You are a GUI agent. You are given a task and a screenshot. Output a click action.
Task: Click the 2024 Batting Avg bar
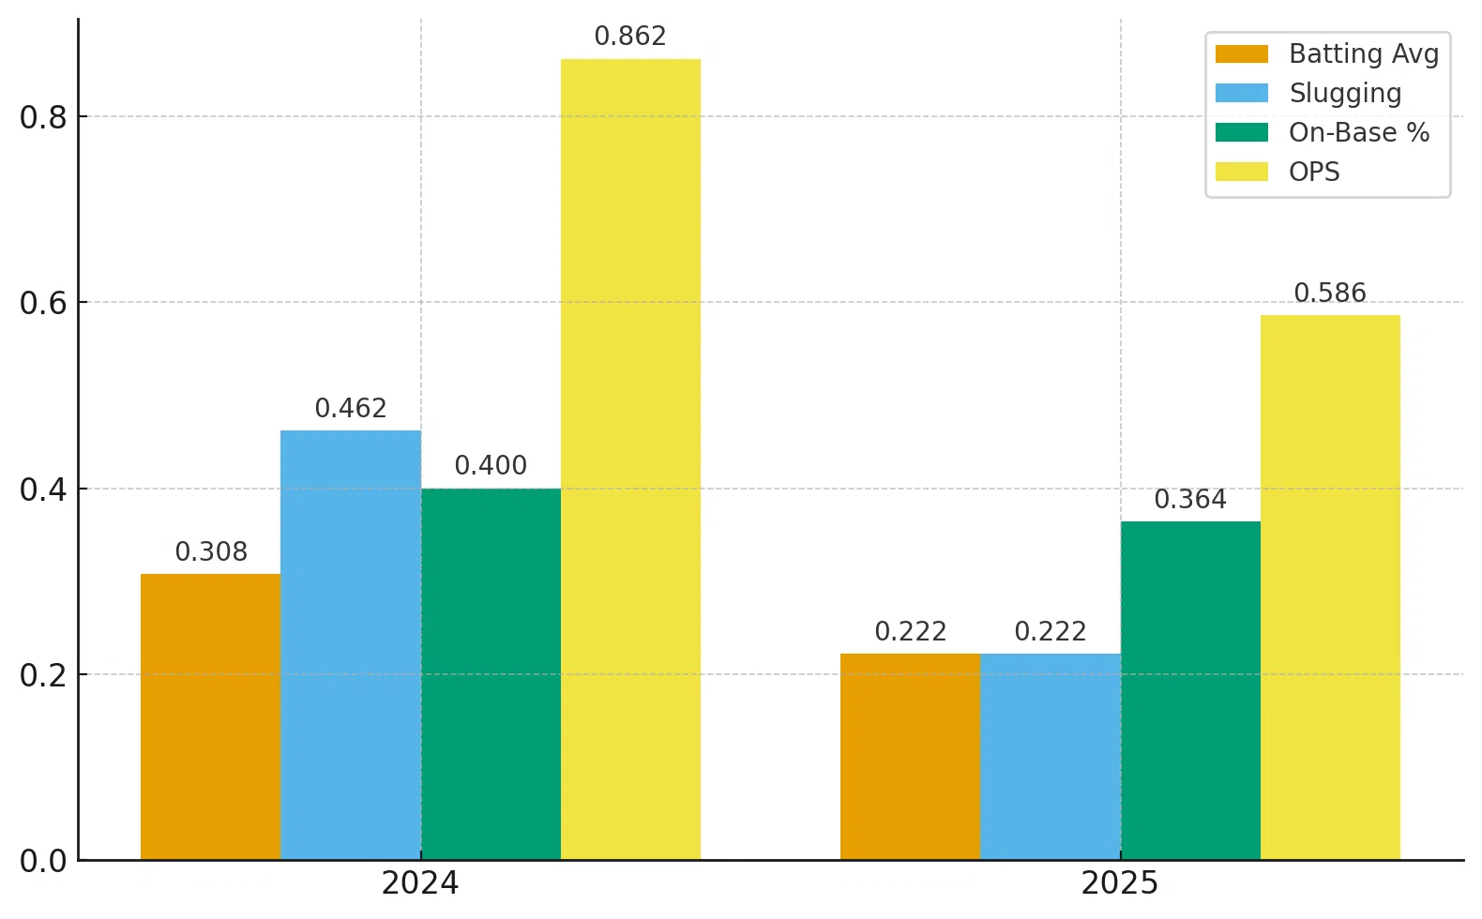click(x=210, y=716)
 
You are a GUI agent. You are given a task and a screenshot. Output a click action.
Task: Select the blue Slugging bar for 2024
click(x=351, y=645)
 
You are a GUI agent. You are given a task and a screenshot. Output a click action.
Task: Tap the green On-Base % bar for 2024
click(x=491, y=674)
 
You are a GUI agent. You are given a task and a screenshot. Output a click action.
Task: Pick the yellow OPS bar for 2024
click(x=630, y=459)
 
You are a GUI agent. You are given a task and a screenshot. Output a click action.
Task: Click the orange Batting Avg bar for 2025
click(x=911, y=757)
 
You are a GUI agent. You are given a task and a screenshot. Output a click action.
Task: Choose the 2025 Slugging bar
click(x=1051, y=757)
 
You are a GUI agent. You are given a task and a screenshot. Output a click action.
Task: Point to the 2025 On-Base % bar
click(x=1190, y=691)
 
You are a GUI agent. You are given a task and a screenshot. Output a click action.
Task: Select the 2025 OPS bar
click(x=1330, y=588)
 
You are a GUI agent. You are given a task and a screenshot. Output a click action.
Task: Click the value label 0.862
click(x=630, y=36)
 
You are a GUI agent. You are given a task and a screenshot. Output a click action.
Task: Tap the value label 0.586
click(x=1330, y=293)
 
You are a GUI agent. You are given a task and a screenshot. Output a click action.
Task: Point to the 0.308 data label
click(x=211, y=551)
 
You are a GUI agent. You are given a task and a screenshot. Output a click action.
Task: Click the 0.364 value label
click(x=1190, y=499)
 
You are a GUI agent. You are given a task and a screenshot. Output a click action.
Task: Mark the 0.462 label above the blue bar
click(x=351, y=408)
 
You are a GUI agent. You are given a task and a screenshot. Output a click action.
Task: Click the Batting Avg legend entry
click(x=1327, y=53)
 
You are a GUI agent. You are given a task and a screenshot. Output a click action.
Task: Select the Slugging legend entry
click(x=1308, y=93)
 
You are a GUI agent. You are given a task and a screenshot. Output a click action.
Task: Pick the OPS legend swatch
click(x=1242, y=172)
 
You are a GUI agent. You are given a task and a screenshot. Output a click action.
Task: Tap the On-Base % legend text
click(x=1359, y=132)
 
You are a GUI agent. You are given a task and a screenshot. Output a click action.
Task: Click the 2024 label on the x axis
click(x=420, y=883)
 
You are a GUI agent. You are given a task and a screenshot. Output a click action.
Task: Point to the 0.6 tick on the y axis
click(x=43, y=303)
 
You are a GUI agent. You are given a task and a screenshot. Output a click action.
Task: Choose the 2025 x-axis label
click(x=1119, y=883)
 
